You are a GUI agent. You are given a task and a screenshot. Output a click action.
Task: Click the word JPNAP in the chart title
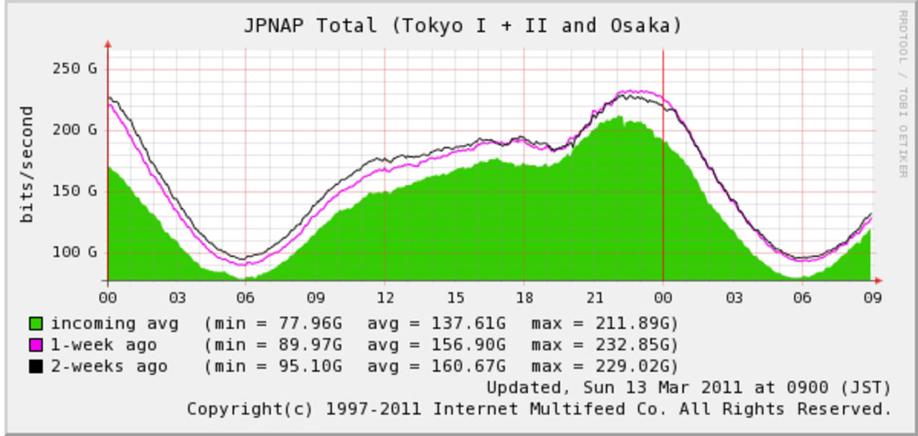[x=274, y=26]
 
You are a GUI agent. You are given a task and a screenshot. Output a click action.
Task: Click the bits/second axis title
[x=27, y=164]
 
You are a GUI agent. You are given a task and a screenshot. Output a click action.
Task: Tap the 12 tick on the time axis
[x=385, y=298]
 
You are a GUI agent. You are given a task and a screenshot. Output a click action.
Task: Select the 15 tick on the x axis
[x=455, y=298]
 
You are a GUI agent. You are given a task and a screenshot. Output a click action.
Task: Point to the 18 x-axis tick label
[x=524, y=298]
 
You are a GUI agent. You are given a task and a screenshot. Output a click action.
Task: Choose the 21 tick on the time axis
[x=594, y=298]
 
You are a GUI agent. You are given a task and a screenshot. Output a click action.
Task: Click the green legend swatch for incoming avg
[x=35, y=324]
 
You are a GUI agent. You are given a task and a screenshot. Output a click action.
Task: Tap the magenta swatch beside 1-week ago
[x=35, y=346]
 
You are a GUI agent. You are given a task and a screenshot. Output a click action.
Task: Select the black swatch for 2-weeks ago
[x=35, y=367]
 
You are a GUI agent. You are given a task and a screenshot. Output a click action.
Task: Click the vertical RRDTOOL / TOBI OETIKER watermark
[x=902, y=93]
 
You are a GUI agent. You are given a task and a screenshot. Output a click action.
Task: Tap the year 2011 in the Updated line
[x=721, y=388]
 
